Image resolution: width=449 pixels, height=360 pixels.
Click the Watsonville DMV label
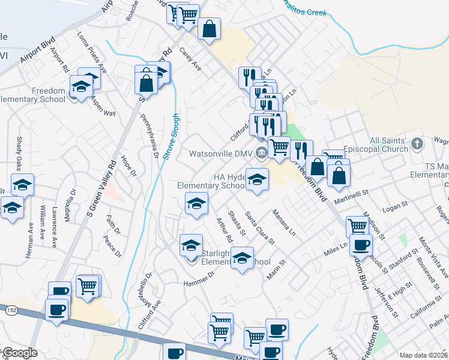pyautogui.click(x=221, y=154)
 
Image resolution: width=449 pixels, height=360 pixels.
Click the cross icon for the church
pyautogui.click(x=420, y=144)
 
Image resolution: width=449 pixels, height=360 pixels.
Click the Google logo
pyautogui.click(x=20, y=353)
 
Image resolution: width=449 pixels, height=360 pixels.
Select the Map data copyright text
pyautogui.click(x=423, y=355)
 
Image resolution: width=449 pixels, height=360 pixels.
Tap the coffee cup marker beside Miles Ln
pyautogui.click(x=361, y=245)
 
